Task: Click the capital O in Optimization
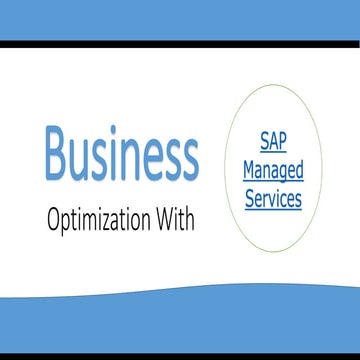pyautogui.click(x=53, y=219)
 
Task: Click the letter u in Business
pyautogui.click(x=79, y=158)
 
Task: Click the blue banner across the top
pyautogui.click(x=180, y=20)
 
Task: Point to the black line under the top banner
pyautogui.click(x=180, y=44)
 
